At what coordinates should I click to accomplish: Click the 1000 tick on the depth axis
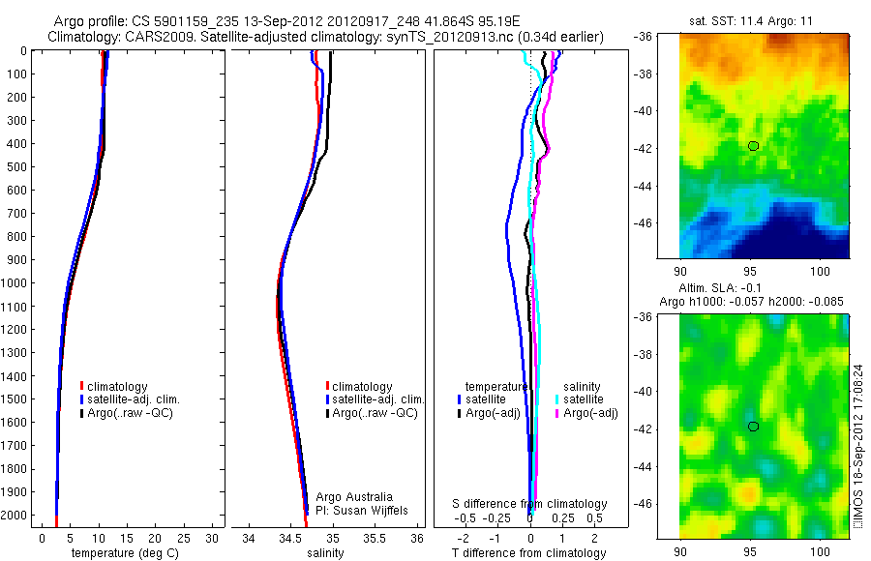point(15,283)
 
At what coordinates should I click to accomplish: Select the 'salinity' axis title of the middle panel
point(325,553)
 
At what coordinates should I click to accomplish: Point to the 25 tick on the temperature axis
point(185,537)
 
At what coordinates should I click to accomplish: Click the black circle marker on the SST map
point(753,145)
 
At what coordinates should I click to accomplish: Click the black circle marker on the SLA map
point(753,426)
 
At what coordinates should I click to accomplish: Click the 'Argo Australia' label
point(355,496)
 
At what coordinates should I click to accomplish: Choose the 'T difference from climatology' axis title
point(530,553)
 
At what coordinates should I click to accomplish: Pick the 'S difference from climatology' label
point(530,504)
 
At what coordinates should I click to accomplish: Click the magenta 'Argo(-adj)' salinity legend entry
point(590,413)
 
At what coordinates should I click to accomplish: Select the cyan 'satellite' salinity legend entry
point(584,399)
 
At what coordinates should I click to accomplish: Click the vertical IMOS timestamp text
point(859,426)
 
